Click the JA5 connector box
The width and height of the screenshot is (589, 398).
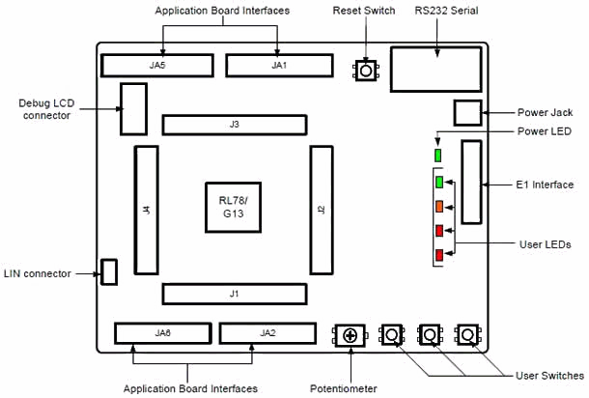(x=157, y=65)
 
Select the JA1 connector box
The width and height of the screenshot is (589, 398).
(x=279, y=65)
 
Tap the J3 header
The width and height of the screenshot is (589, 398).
(x=235, y=125)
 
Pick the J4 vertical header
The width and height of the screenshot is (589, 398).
(x=146, y=210)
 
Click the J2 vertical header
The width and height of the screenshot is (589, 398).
(x=322, y=210)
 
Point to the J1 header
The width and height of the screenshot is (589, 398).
(x=235, y=293)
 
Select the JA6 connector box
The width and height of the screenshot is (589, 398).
(x=161, y=332)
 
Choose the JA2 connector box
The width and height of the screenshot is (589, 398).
(x=267, y=332)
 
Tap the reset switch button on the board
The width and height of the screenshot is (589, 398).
(x=366, y=71)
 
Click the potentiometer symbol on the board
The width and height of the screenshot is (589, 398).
(x=350, y=335)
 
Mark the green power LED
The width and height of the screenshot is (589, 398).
(x=437, y=155)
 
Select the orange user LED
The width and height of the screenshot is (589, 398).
(x=439, y=206)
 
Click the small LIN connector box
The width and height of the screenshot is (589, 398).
(x=109, y=271)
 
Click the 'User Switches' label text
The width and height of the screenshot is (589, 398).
(x=550, y=375)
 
